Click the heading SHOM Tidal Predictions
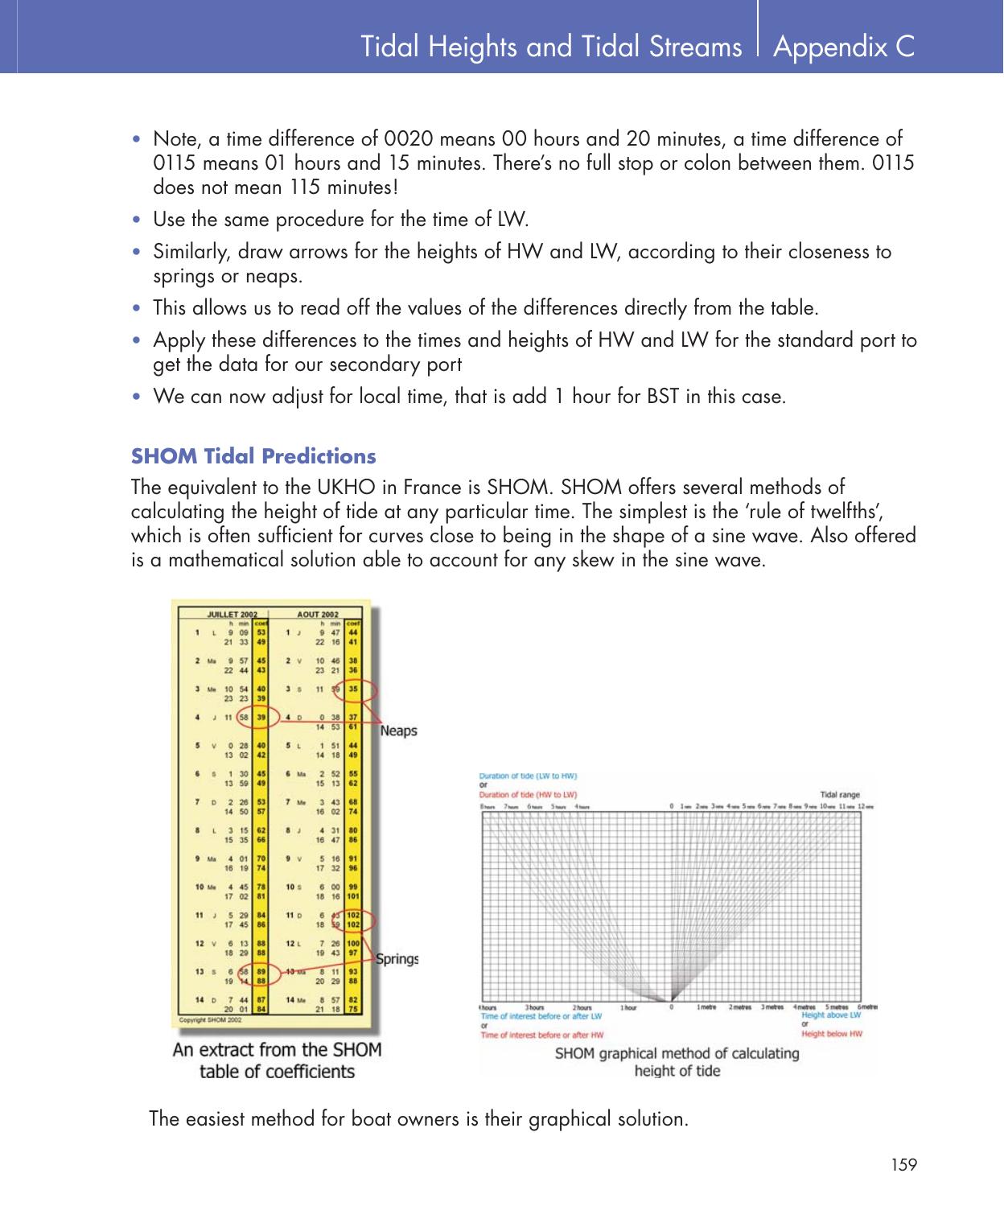click(253, 456)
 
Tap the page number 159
click(903, 1164)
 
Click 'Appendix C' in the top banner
click(843, 47)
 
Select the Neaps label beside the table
click(398, 731)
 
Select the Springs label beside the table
click(397, 959)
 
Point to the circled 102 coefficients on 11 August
click(353, 920)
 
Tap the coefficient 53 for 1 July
click(261, 632)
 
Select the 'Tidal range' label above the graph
click(839, 794)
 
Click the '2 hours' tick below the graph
click(583, 1007)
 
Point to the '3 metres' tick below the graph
click(772, 1007)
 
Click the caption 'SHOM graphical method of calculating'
click(677, 1053)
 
